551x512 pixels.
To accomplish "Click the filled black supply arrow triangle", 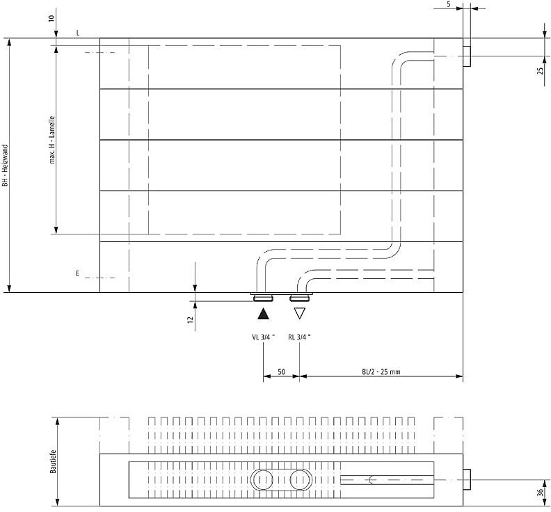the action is tap(263, 314).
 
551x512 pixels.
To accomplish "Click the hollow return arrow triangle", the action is tap(299, 313).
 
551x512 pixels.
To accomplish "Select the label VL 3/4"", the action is tap(263, 337).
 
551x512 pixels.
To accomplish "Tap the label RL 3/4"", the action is tap(299, 337).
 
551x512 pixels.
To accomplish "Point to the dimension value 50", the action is tap(282, 371).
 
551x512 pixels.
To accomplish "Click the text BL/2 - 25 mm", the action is tap(381, 371).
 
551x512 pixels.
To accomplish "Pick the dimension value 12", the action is tap(191, 319).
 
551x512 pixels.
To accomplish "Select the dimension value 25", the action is tap(541, 70).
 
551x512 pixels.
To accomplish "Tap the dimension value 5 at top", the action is tap(449, 5).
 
